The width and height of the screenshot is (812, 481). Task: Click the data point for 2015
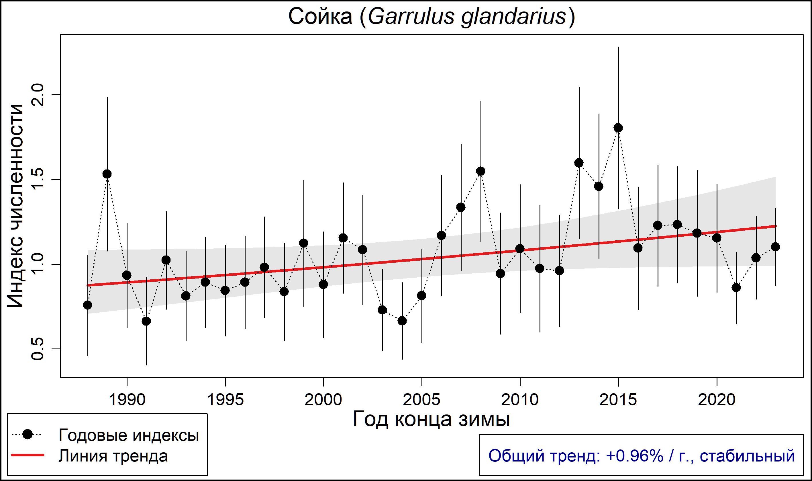click(618, 128)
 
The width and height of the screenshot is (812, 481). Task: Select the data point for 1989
click(107, 174)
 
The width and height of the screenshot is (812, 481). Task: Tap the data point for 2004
click(402, 321)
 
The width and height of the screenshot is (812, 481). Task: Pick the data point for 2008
click(481, 171)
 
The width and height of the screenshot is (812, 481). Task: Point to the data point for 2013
click(579, 163)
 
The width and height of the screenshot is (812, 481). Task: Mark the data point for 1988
click(87, 305)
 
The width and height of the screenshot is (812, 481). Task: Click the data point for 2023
click(775, 247)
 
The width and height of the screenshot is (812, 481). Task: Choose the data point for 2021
click(736, 287)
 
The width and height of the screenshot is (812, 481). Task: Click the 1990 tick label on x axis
click(127, 400)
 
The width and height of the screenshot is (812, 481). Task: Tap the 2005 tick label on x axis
click(421, 400)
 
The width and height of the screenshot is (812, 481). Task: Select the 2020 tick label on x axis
click(717, 400)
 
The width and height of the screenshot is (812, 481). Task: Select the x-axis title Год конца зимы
click(431, 419)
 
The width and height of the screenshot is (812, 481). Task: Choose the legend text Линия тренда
click(113, 456)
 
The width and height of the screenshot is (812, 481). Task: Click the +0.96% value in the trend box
click(635, 456)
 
